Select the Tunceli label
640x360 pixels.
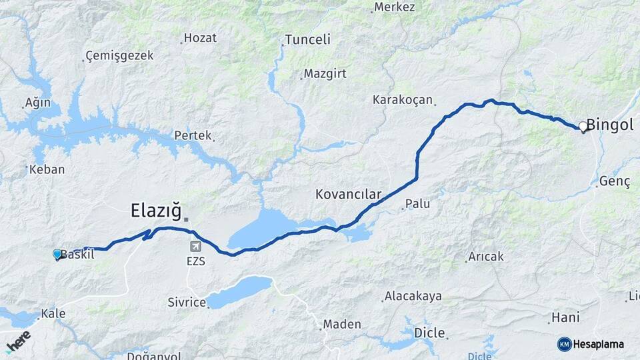pos(307,39)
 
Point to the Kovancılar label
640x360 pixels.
pos(348,195)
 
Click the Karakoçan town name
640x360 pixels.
pos(403,100)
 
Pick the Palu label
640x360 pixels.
pos(417,203)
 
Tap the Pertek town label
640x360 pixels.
pos(193,135)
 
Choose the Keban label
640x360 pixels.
pos(47,169)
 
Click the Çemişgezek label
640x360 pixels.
pos(120,56)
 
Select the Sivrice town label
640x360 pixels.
pos(187,303)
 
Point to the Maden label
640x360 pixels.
pos(342,325)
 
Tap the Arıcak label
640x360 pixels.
pos(486,256)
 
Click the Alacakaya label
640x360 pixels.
pos(412,296)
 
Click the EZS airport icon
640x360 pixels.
pos(195,247)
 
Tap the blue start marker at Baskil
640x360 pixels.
pos(57,254)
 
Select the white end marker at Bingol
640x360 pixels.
pos(583,126)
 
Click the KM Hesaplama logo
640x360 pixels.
pos(591,344)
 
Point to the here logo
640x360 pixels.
pos(19,341)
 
